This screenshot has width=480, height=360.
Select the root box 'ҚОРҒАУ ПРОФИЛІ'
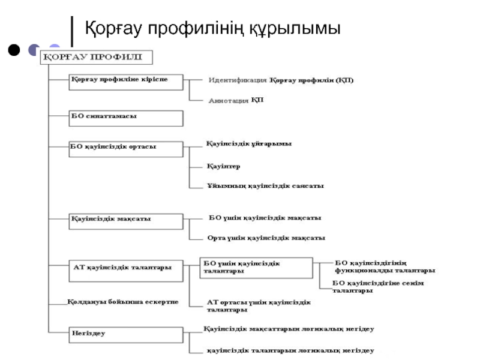[x=96, y=58]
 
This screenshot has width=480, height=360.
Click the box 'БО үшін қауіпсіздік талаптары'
[x=256, y=268]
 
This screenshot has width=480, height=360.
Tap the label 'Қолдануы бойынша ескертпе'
[x=122, y=302]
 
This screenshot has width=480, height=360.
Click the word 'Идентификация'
[x=238, y=80]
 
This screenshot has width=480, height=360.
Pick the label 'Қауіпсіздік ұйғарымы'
[x=249, y=144]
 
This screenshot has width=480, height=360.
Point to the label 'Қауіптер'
[x=223, y=166]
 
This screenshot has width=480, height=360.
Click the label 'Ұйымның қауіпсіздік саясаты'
[x=265, y=186]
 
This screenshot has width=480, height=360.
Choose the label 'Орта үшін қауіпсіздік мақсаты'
[x=266, y=238]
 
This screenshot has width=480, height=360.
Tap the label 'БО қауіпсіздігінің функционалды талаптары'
[x=385, y=267]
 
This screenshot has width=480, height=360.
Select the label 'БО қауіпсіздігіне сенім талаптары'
[x=378, y=287]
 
